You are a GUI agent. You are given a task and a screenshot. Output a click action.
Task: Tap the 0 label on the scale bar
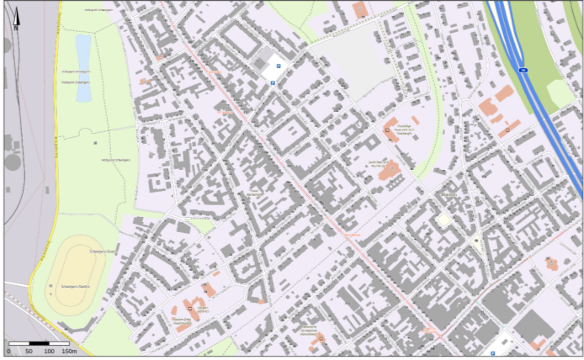(x=8, y=351)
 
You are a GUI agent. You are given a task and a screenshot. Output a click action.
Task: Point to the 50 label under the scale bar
(x=29, y=351)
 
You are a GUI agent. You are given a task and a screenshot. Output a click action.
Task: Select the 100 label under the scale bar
(x=49, y=351)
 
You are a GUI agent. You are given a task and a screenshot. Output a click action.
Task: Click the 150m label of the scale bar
(x=69, y=351)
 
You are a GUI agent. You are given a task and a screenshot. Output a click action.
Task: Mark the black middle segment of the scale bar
(x=39, y=343)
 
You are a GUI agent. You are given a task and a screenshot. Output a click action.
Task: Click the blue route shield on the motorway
(x=523, y=71)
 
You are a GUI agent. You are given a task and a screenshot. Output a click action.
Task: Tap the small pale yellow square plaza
(x=443, y=220)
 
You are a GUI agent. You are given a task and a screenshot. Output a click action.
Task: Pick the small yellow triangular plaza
(x=477, y=244)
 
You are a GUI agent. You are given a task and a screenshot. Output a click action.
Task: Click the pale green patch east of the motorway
(x=559, y=93)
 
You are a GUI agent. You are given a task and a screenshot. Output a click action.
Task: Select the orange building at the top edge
(x=360, y=10)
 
